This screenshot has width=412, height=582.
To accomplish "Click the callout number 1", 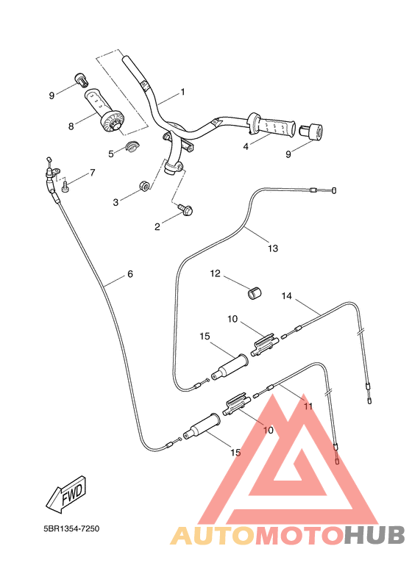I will tap(183, 93).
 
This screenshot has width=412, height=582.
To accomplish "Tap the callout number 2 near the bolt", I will tap(157, 227).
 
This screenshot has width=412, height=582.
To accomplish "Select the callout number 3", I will tap(116, 202).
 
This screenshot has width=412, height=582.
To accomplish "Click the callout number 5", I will tap(112, 154).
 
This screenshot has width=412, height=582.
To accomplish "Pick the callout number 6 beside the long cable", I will tap(130, 274).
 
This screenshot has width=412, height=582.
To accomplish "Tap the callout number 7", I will tap(93, 173).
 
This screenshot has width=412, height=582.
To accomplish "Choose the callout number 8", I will tap(71, 126).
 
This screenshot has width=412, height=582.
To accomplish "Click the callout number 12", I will tap(216, 273).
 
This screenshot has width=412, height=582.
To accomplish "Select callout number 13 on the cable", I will tap(273, 248).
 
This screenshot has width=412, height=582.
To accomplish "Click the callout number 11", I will tap(308, 406).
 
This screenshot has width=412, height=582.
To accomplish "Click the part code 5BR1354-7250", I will tap(71, 528).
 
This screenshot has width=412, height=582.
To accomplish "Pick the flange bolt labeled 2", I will tap(185, 211).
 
